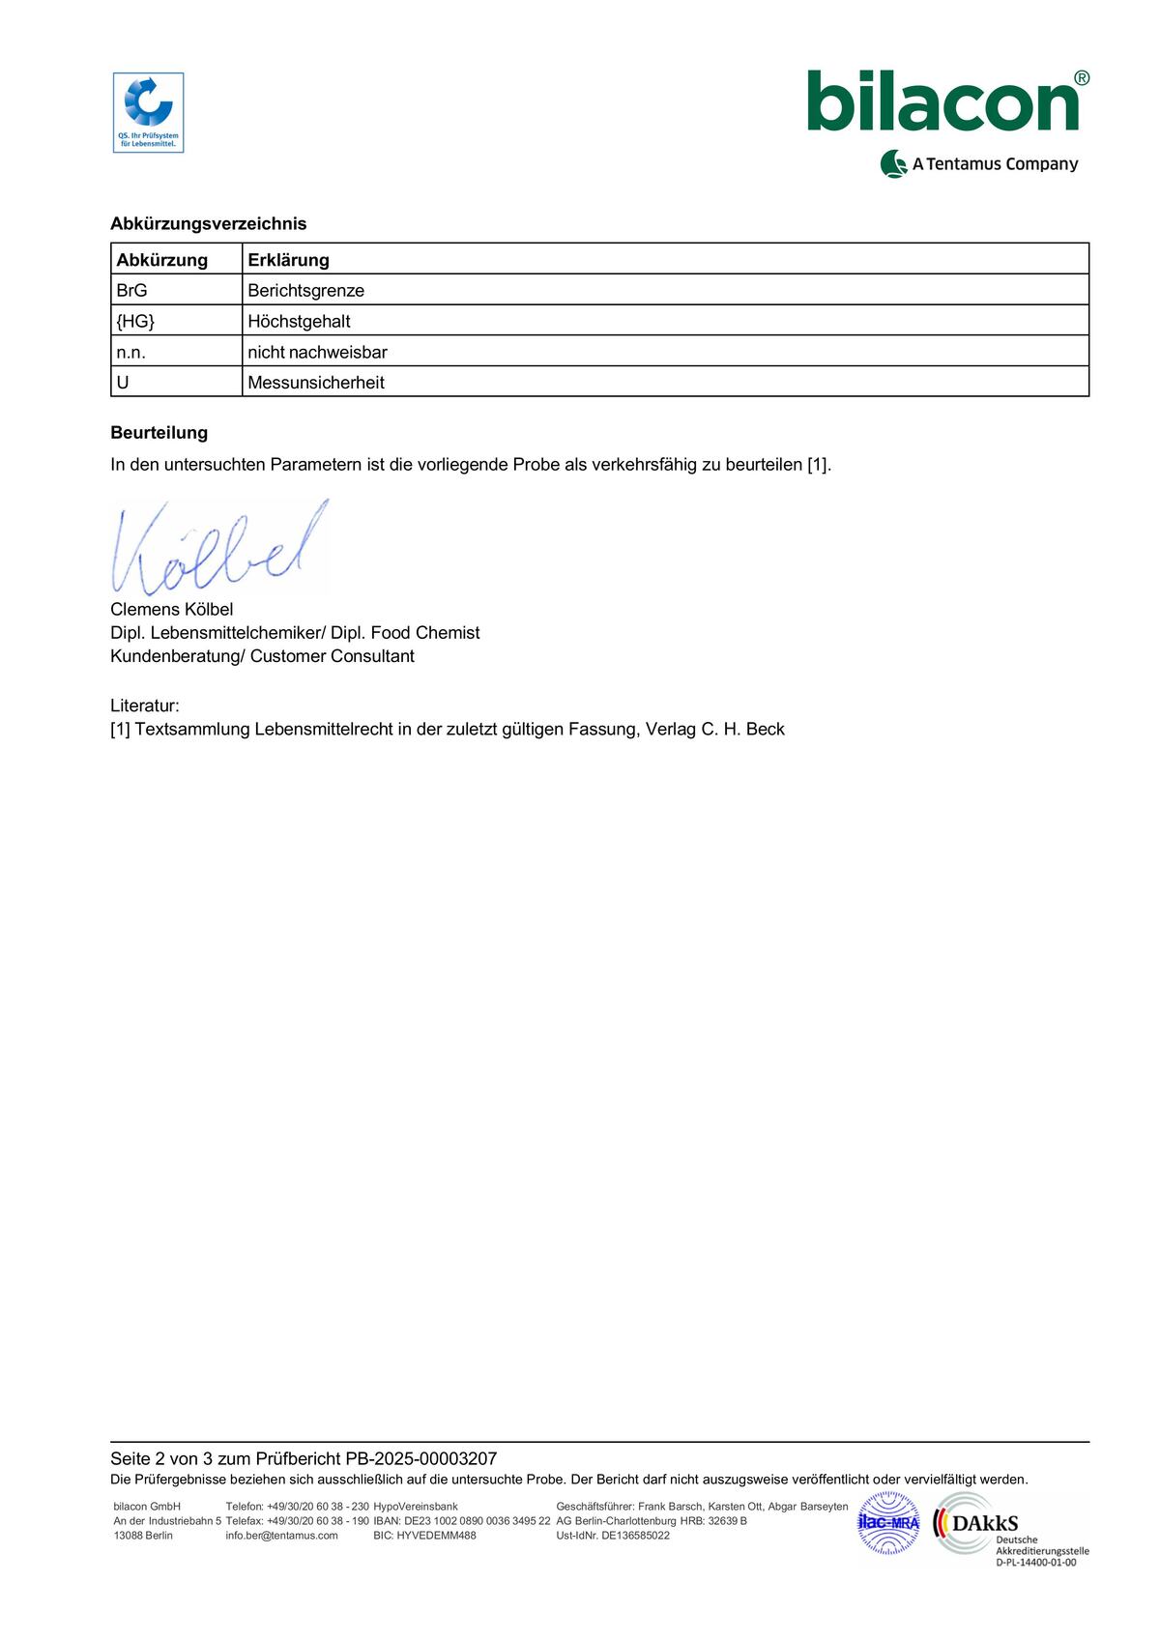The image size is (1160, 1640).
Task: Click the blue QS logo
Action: [148, 112]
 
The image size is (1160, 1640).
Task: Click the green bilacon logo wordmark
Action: [942, 102]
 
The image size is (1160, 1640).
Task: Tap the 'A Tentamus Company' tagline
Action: [994, 164]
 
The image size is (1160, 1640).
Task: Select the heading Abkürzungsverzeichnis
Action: [208, 223]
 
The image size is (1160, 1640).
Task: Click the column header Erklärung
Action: [288, 260]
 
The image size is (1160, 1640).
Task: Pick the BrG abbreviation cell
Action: [131, 290]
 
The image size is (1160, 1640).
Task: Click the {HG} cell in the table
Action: [135, 321]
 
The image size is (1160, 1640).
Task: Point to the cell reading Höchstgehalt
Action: [299, 321]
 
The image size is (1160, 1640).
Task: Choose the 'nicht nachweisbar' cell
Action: [317, 352]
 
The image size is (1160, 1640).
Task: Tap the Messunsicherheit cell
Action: [316, 383]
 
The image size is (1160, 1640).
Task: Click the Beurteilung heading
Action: [159, 432]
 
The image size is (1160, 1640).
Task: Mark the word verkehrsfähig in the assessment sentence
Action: [644, 464]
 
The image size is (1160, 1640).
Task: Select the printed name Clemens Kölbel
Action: [172, 609]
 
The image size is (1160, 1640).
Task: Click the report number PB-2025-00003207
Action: [420, 1458]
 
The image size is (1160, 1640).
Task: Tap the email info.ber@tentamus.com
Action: [281, 1535]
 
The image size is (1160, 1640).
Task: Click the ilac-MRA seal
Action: [888, 1523]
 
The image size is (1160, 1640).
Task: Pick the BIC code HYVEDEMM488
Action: [436, 1535]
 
